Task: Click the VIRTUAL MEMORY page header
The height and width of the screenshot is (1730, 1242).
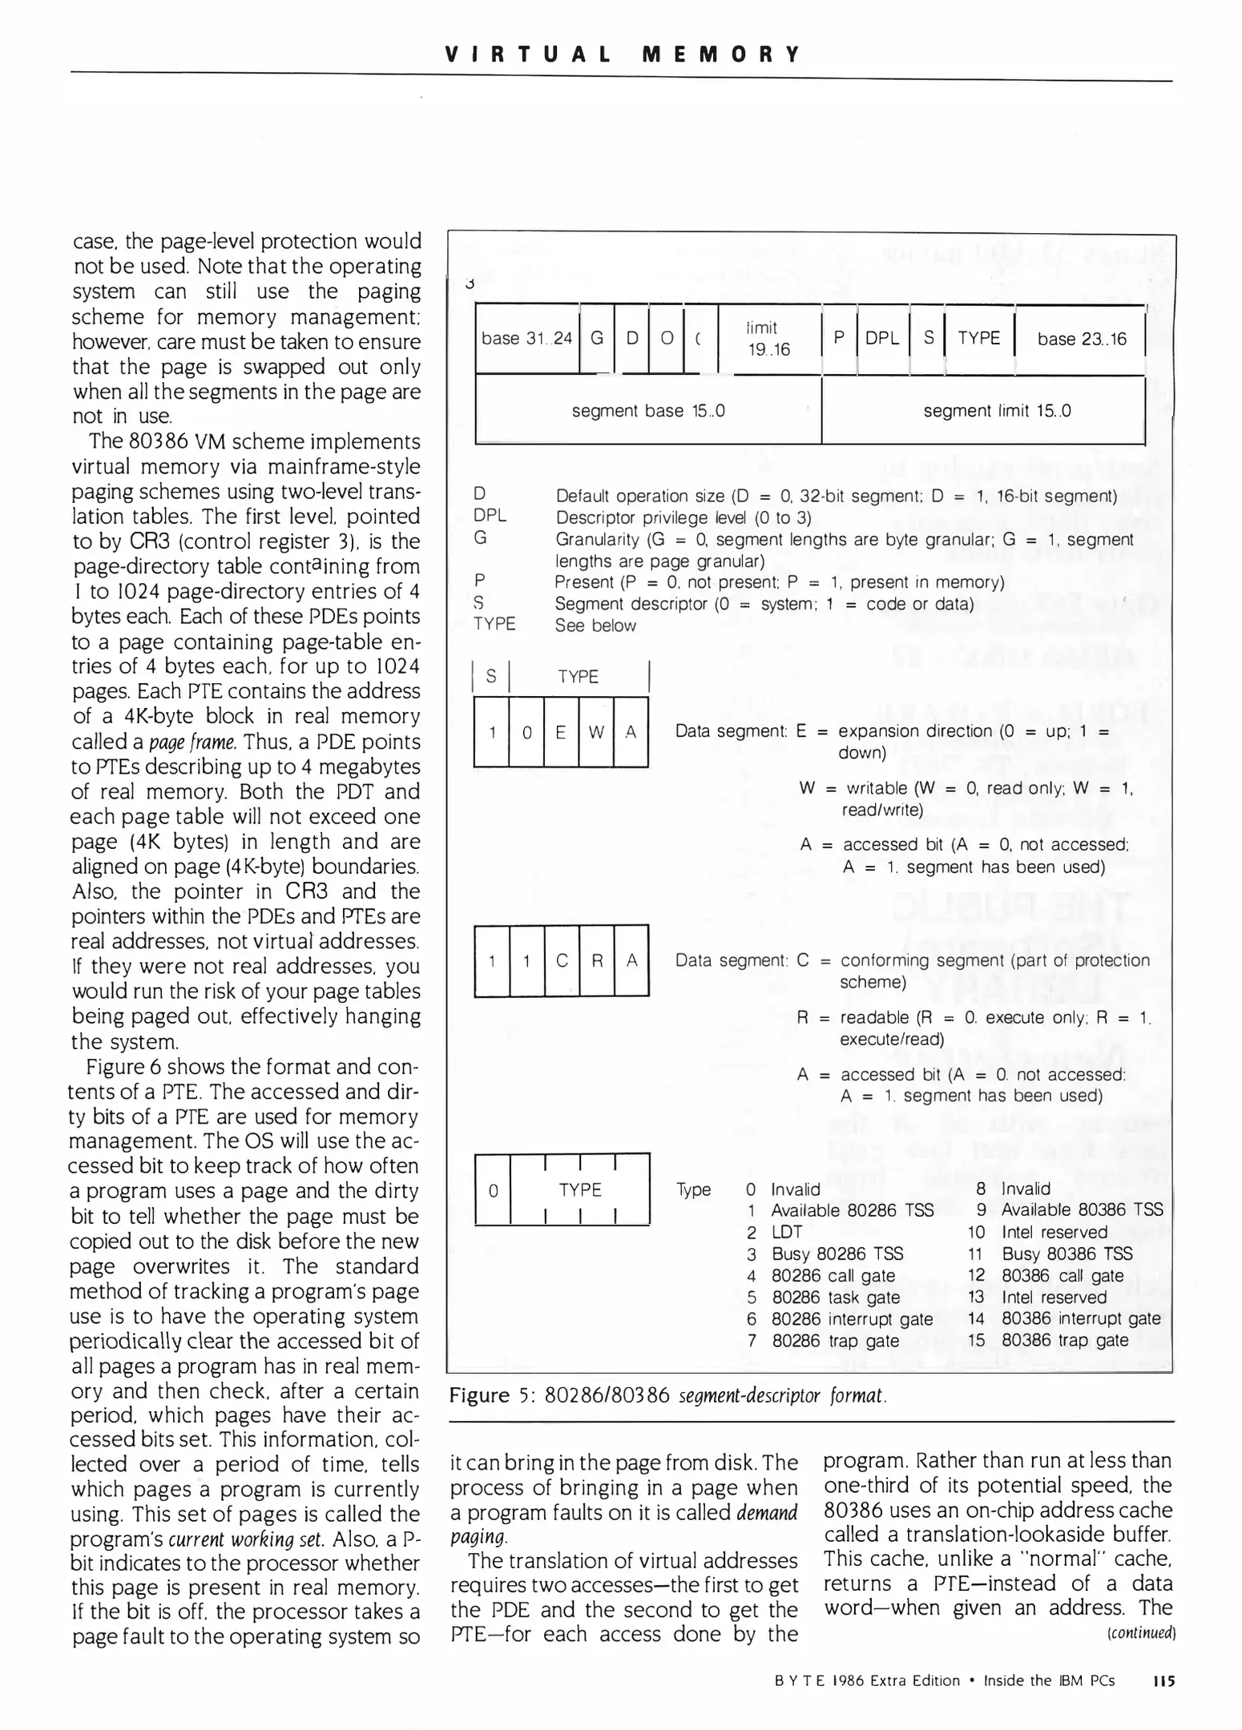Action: click(x=621, y=54)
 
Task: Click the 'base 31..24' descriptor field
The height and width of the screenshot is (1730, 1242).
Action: click(x=526, y=339)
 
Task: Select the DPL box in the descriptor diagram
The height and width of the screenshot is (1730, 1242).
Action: click(x=882, y=339)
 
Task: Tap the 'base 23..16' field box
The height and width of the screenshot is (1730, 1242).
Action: click(x=1081, y=340)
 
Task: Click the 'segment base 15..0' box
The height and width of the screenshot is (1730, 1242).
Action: click(x=647, y=411)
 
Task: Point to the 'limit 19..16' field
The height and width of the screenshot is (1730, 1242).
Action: click(x=768, y=339)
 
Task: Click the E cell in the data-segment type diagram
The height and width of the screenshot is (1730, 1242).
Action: click(x=561, y=732)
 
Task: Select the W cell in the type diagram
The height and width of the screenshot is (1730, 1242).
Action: click(x=595, y=732)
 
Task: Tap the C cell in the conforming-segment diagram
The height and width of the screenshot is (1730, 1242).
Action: click(x=562, y=960)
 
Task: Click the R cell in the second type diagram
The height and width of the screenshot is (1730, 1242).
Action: click(x=596, y=960)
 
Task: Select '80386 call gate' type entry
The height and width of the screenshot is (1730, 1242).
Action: click(x=1063, y=1275)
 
